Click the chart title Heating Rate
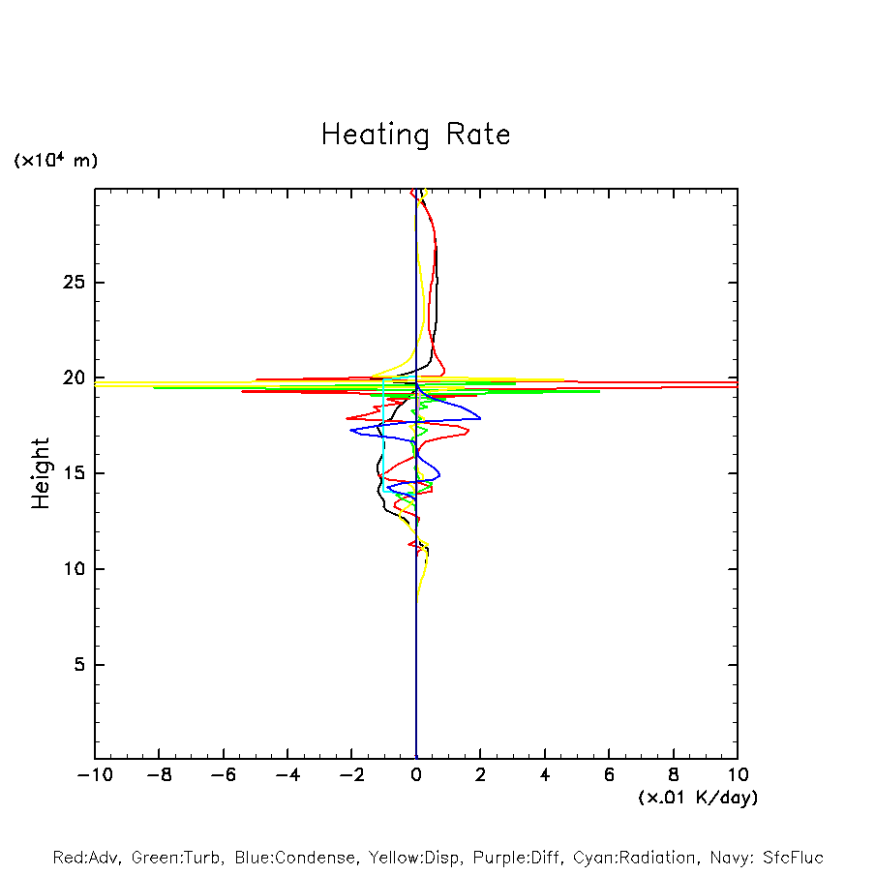click(415, 135)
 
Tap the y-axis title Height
click(41, 473)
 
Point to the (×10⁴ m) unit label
click(55, 161)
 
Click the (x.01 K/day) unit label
click(697, 798)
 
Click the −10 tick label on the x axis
click(93, 775)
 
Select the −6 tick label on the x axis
click(222, 775)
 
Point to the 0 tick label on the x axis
click(416, 775)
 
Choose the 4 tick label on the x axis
click(545, 775)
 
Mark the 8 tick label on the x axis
click(674, 775)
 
